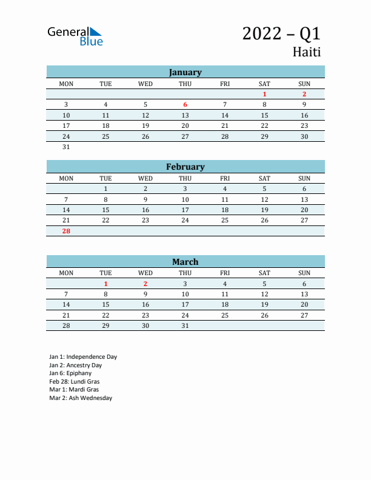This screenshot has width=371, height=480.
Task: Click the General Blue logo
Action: (x=75, y=36)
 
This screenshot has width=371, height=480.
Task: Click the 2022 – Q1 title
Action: (x=281, y=33)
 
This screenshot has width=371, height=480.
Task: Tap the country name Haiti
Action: (x=307, y=52)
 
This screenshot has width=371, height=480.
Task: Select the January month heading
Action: (x=185, y=72)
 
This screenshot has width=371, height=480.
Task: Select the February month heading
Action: (x=185, y=167)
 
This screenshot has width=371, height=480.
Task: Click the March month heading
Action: (x=185, y=262)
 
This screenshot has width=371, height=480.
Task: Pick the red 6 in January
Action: (x=185, y=104)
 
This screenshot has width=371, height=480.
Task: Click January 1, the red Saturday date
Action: (x=264, y=94)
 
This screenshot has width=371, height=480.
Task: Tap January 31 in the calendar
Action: (x=66, y=147)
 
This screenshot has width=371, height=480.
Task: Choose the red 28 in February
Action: (x=66, y=231)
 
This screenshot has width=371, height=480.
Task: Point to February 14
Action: (x=66, y=210)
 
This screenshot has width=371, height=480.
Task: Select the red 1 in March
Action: (x=105, y=284)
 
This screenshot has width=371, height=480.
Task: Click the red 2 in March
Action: (x=145, y=284)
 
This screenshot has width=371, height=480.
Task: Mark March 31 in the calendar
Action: (x=185, y=325)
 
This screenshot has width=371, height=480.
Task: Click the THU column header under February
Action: (x=185, y=178)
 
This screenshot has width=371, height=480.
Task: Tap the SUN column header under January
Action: (x=304, y=84)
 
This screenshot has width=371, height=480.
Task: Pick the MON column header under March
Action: (x=66, y=273)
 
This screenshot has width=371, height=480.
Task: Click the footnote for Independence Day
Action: (x=83, y=357)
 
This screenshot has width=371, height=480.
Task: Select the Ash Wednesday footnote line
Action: (x=81, y=398)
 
